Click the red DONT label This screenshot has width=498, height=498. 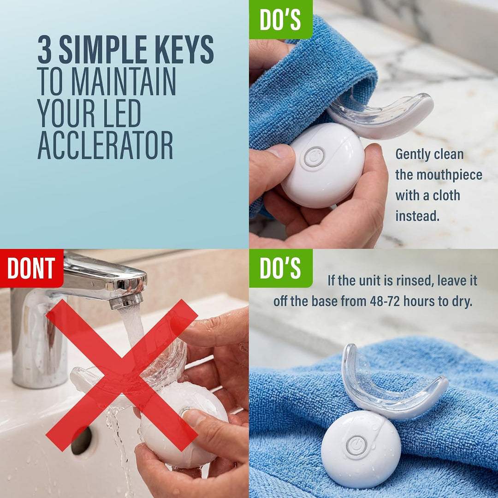click(x=31, y=268)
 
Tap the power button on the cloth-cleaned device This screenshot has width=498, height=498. click(x=314, y=157)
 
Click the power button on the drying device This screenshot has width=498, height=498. click(x=356, y=445)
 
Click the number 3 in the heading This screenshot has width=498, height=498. click(x=44, y=49)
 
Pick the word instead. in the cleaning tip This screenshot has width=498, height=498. click(x=417, y=216)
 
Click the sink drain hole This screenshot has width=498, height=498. click(x=82, y=440)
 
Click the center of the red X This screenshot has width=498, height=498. click(x=122, y=375)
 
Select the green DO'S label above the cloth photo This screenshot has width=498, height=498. click(x=280, y=20)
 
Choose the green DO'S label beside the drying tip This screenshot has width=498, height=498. click(x=280, y=268)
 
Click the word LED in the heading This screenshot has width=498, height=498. click(x=122, y=113)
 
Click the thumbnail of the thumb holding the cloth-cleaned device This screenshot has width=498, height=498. click(x=279, y=151)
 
